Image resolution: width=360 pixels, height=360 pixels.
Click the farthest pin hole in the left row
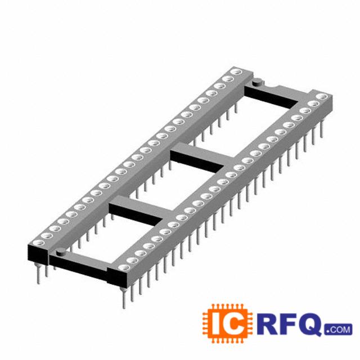(236, 72)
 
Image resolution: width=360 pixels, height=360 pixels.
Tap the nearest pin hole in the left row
(39, 242)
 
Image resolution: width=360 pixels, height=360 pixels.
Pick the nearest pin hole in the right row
(124, 267)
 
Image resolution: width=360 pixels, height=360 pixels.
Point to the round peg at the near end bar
(61, 251)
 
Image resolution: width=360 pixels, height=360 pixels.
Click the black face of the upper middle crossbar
(197, 161)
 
